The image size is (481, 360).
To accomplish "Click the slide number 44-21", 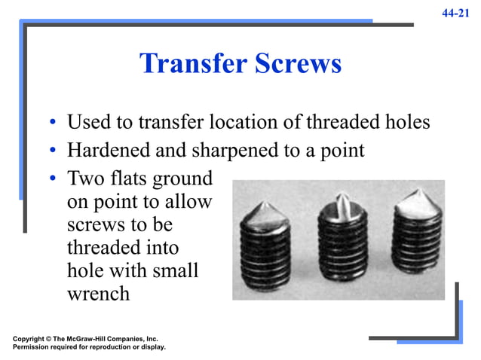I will (x=457, y=13).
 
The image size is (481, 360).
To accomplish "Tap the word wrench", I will (x=98, y=293).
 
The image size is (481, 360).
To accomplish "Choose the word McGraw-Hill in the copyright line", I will (x=93, y=339).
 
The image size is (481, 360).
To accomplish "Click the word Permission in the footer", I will (x=33, y=347).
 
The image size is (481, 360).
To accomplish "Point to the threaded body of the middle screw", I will (x=343, y=249).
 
